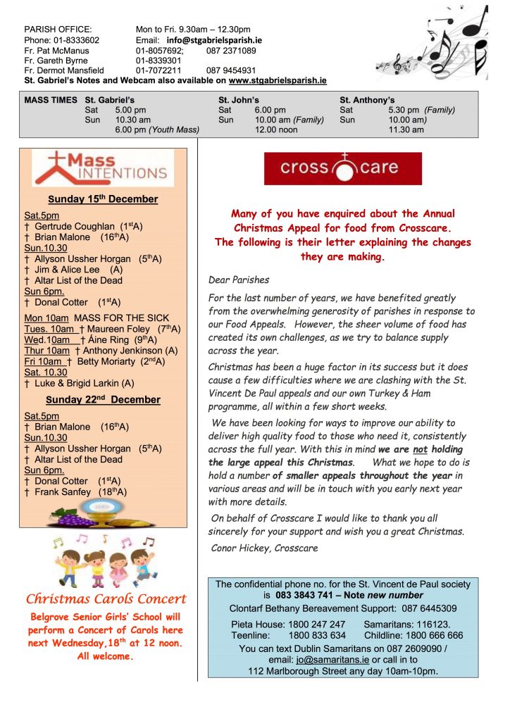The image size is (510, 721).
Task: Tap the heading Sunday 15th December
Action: (103, 199)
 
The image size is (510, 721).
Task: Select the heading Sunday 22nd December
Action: (103, 400)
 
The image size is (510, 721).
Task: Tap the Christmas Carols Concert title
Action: (106, 599)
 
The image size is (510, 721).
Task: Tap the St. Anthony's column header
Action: (367, 100)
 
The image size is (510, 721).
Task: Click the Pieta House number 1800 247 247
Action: (317, 625)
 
